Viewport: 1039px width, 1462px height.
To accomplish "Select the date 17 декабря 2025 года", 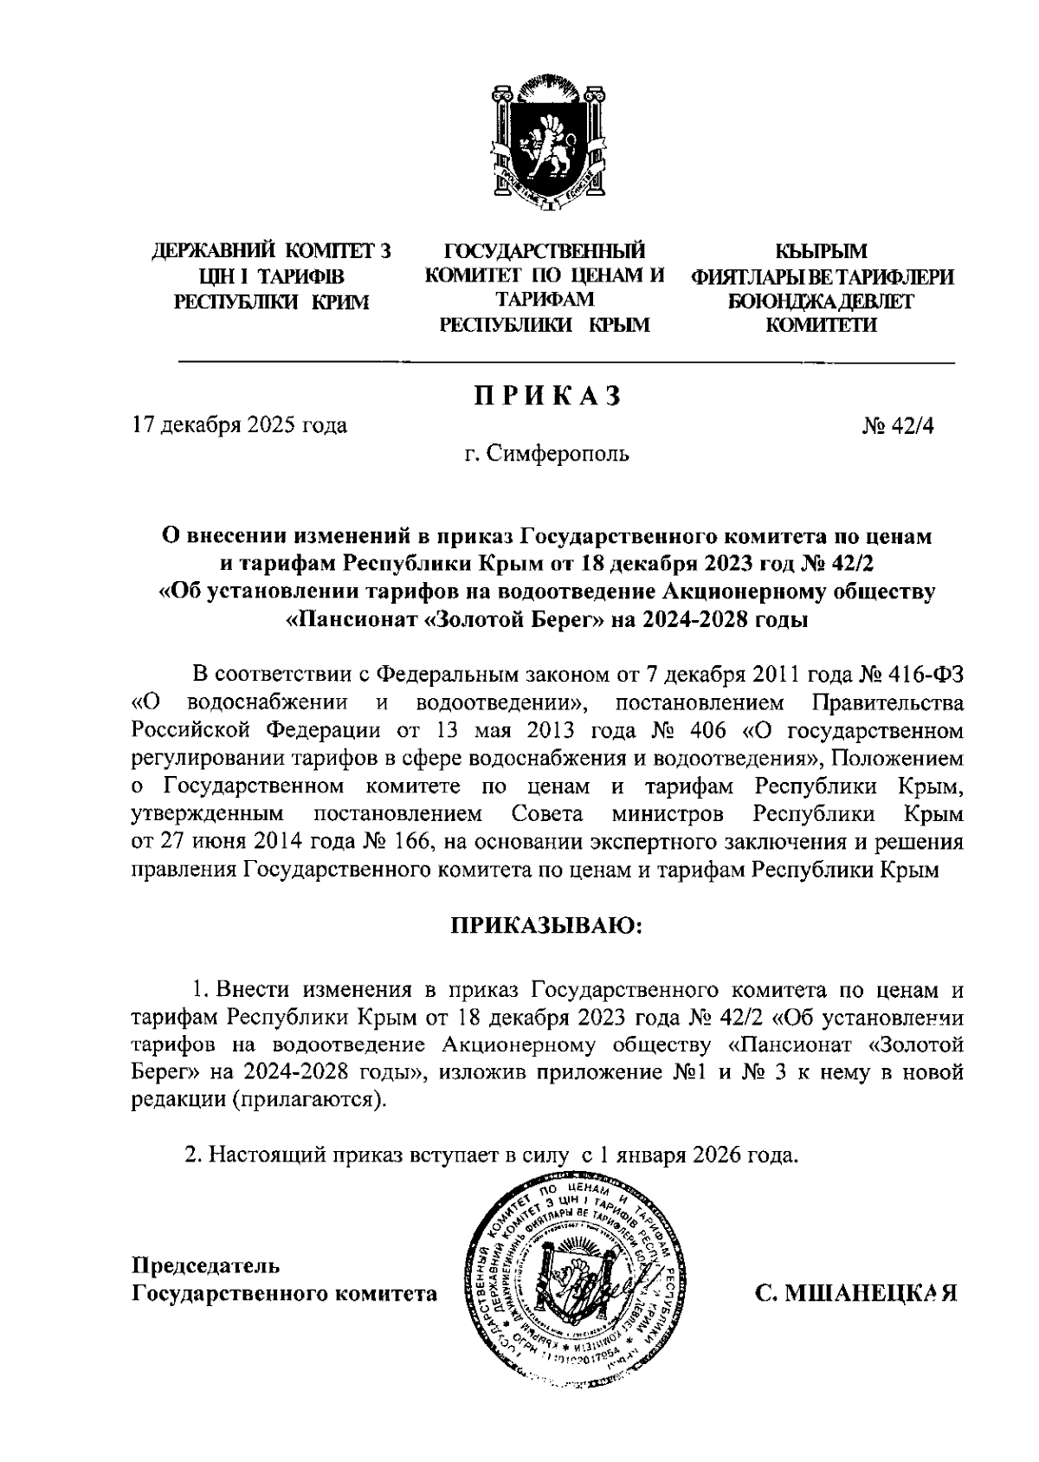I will click(x=239, y=425).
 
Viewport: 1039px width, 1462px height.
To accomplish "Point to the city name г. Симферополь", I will click(x=546, y=453).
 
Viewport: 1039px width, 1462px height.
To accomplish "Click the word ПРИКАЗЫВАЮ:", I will click(x=546, y=926).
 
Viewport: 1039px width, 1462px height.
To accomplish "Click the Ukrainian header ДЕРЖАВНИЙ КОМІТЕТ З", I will click(x=272, y=252).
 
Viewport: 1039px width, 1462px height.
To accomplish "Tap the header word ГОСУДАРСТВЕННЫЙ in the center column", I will click(x=545, y=252).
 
